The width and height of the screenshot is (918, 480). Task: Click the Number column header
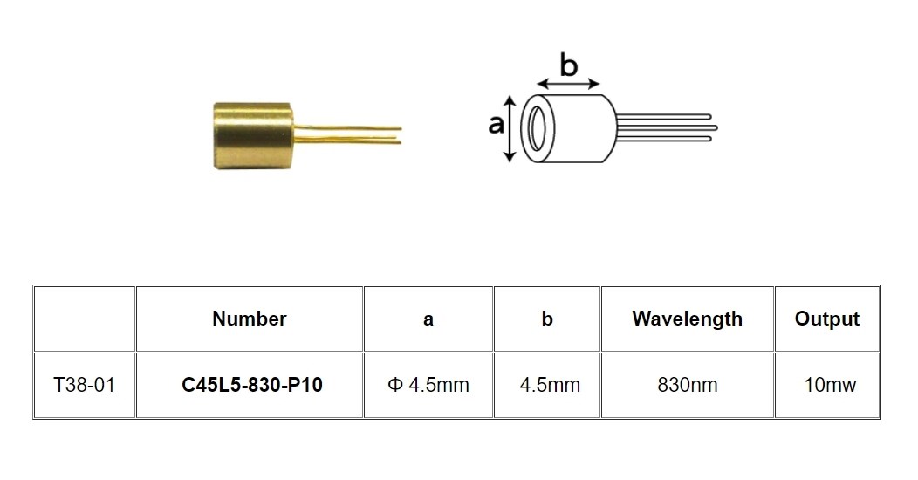(250, 319)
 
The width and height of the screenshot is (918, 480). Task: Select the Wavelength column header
(688, 319)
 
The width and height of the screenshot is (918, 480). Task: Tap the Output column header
(826, 319)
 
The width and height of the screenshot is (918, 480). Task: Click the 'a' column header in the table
(428, 319)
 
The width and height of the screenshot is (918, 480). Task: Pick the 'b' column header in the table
(547, 319)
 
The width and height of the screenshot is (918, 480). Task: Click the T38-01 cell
(85, 385)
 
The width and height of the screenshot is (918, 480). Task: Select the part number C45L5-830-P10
(251, 385)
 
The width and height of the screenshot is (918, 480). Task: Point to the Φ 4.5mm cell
(428, 385)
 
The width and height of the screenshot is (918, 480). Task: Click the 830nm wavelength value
(688, 385)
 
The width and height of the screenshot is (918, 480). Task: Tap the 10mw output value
(830, 385)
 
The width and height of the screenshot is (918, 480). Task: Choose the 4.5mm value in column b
(550, 385)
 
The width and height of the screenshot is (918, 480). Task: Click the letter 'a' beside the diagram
(496, 124)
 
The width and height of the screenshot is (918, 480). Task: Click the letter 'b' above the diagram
(568, 65)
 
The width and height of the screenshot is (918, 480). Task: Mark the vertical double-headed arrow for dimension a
(510, 128)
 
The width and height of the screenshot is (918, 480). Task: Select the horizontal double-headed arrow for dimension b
(568, 84)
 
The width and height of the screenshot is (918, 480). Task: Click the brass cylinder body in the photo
(253, 136)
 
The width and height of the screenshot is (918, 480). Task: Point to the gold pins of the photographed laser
(347, 134)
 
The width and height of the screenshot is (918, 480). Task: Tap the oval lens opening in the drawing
(537, 128)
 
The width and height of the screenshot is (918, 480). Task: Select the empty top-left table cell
(85, 319)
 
